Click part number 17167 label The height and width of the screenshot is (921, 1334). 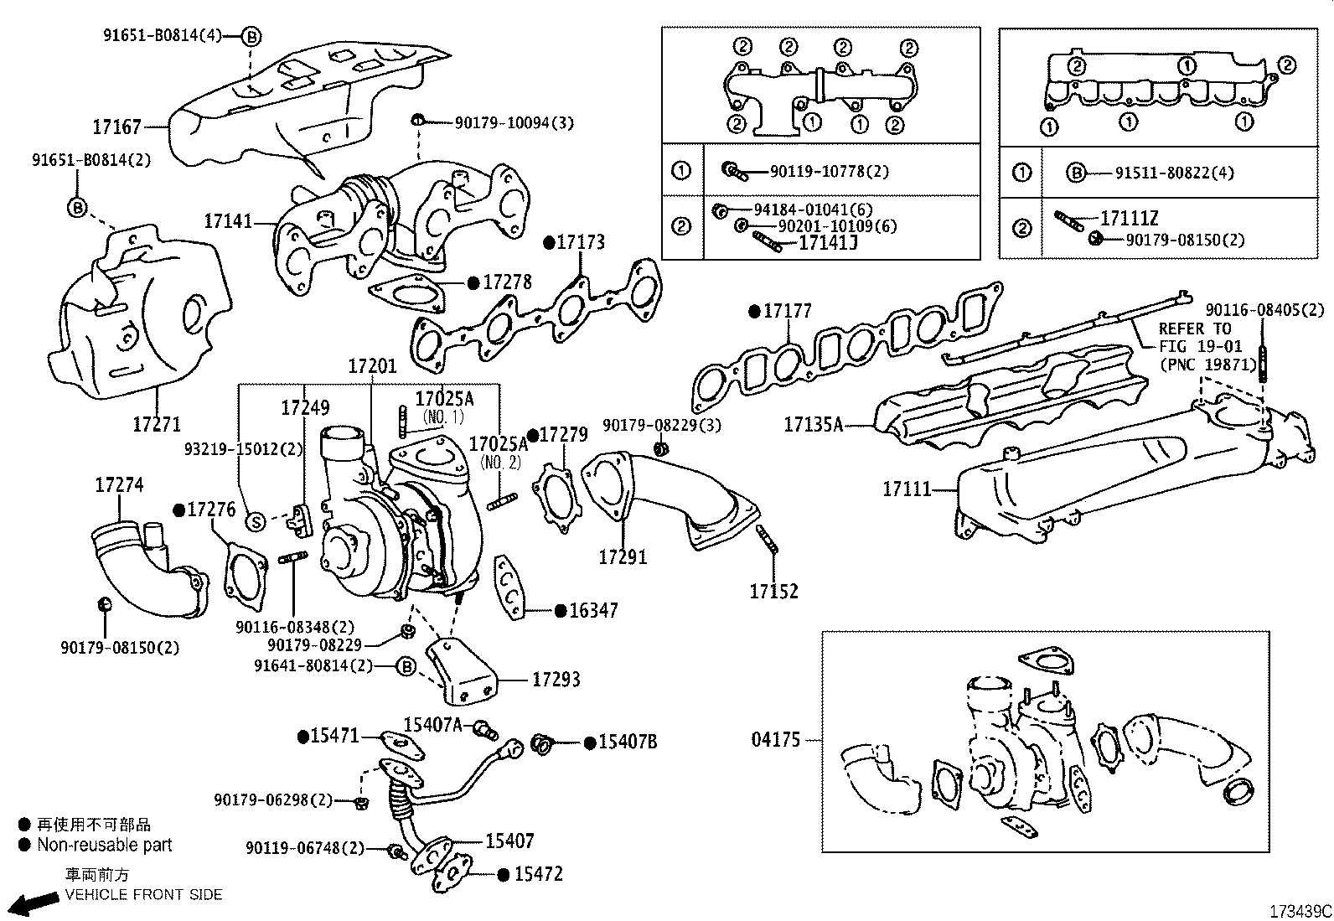point(116,127)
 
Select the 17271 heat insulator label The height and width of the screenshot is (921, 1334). point(157,424)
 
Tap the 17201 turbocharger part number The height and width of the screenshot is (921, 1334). point(372,366)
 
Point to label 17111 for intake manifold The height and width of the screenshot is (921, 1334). point(907,489)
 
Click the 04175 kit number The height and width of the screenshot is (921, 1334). point(775,741)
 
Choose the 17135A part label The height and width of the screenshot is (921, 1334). point(813,425)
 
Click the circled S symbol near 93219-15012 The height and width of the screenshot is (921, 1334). point(256,521)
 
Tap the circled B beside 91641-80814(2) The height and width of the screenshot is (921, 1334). point(405,667)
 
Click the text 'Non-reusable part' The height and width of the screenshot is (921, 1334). point(104,846)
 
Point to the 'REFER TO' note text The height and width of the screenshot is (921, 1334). point(1194,329)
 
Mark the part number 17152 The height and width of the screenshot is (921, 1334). point(773,592)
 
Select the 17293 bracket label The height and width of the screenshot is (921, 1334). point(556,680)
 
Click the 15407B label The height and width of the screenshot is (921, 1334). point(626,742)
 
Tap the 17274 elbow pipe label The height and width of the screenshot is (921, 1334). point(119,484)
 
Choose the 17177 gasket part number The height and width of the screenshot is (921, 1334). point(788,312)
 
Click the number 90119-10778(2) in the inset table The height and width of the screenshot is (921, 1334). point(830,172)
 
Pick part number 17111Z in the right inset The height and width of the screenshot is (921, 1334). point(1129,219)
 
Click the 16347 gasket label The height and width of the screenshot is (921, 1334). point(594,611)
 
